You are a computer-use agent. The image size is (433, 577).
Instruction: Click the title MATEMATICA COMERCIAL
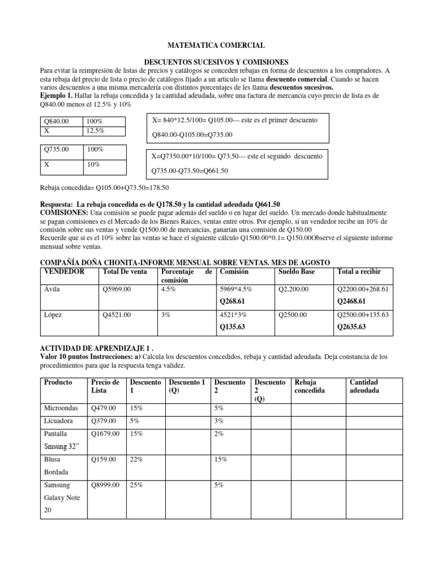tap(216, 45)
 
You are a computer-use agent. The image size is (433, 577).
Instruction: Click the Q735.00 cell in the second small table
tap(56, 150)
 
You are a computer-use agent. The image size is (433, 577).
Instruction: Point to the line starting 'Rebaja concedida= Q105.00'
tap(104, 188)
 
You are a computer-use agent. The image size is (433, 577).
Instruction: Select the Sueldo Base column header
tap(298, 272)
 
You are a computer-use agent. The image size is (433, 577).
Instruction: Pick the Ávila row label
tap(52, 289)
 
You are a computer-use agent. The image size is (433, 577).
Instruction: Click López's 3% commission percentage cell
tap(166, 316)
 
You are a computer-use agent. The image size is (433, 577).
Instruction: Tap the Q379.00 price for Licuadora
tap(104, 421)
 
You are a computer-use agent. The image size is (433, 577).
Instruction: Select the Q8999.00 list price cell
tap(105, 486)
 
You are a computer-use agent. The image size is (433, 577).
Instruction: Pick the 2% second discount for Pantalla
tap(219, 434)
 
